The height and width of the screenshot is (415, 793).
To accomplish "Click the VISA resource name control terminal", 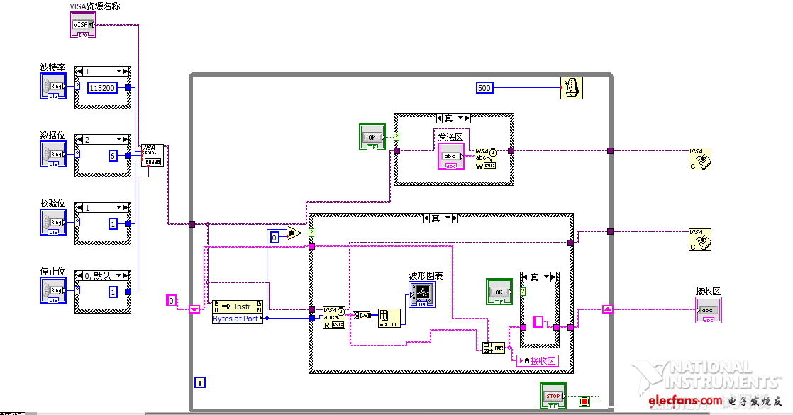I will [x=82, y=26].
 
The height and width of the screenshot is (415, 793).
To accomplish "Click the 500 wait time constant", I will [x=484, y=88].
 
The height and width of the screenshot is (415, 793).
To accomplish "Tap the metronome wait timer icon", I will [x=571, y=88].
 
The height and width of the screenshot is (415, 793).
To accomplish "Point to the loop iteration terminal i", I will [x=200, y=382].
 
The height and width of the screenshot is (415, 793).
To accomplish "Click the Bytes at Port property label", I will [x=237, y=319].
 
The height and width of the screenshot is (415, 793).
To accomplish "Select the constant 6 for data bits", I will [x=113, y=156].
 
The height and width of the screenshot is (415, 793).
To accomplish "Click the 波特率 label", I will [x=52, y=67].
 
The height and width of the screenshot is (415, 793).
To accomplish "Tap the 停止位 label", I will [x=52, y=271].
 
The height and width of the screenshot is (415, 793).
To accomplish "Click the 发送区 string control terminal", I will [x=450, y=157].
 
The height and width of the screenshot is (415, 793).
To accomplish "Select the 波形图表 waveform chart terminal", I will [x=421, y=293].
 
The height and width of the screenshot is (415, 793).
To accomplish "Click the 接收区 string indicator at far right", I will [x=709, y=310].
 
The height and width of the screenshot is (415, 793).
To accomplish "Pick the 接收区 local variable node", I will [x=537, y=360].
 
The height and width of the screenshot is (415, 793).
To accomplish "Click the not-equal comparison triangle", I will [x=294, y=233].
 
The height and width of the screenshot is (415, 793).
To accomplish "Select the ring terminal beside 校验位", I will [x=53, y=222].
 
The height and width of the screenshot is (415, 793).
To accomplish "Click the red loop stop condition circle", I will [x=584, y=401].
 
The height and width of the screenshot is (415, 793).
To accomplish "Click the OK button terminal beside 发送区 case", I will [x=371, y=137].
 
